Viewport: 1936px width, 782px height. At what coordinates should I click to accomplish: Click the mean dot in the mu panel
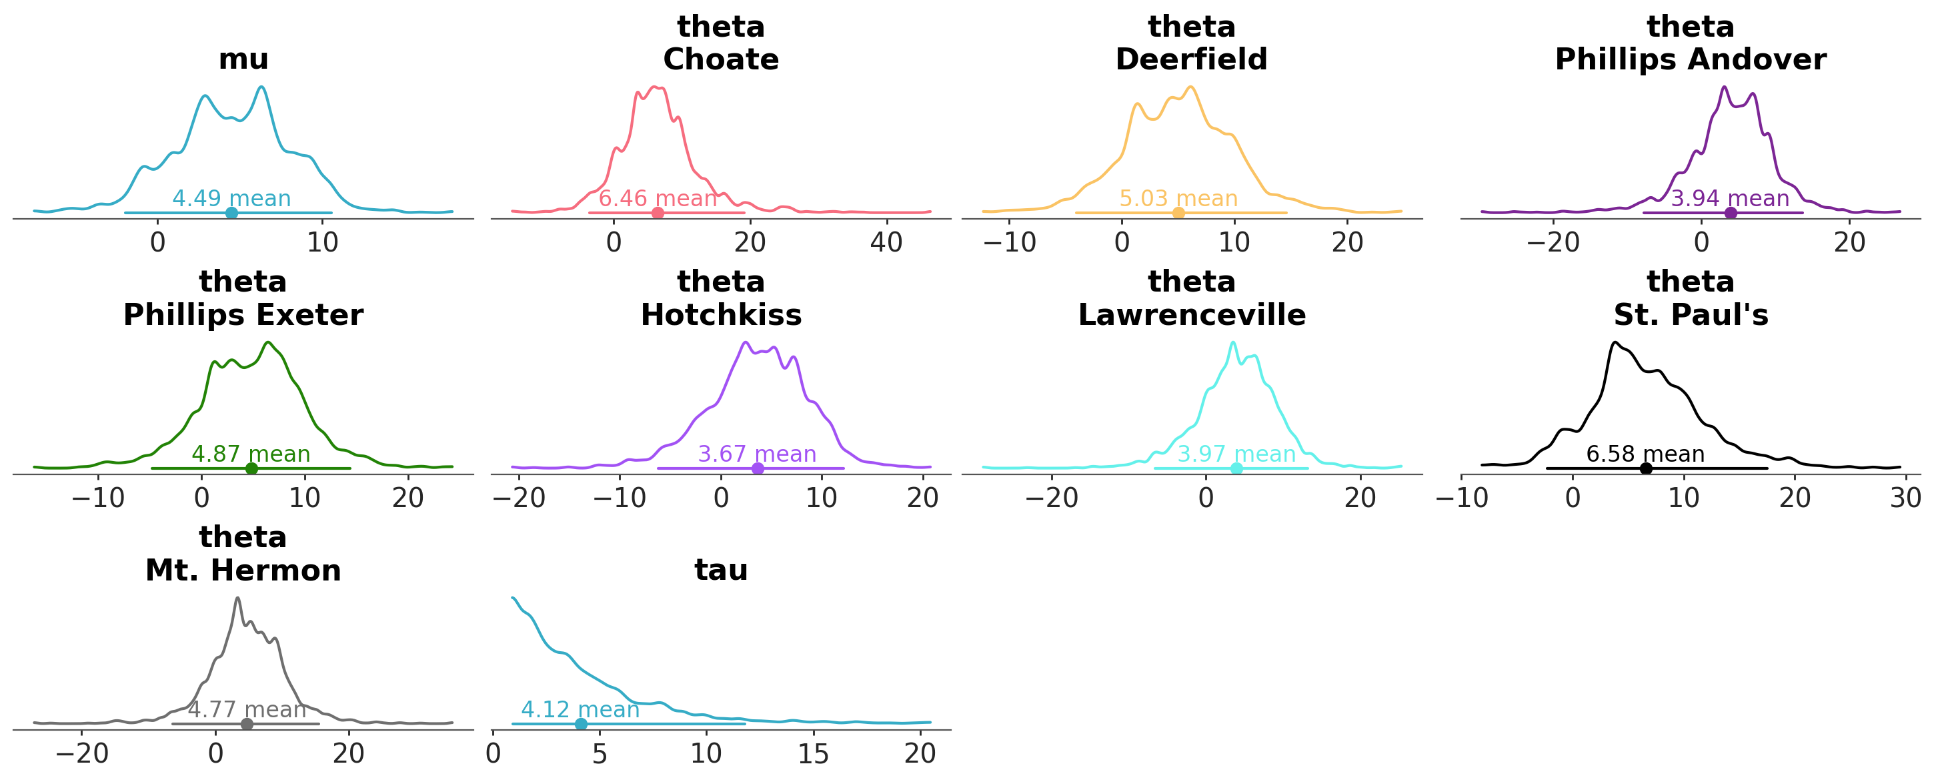pos(231,213)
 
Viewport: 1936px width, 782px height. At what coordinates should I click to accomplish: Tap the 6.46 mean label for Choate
pos(658,199)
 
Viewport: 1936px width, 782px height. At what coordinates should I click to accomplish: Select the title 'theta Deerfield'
pos(1191,43)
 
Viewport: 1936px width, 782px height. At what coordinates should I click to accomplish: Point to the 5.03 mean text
pos(1178,199)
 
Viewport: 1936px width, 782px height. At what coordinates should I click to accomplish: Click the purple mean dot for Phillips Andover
pos(1730,213)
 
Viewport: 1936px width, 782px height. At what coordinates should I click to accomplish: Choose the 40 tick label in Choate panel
pos(886,243)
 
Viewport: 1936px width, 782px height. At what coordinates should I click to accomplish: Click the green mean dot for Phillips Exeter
pos(252,468)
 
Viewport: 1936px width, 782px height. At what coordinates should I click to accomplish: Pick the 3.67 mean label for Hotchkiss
pos(757,454)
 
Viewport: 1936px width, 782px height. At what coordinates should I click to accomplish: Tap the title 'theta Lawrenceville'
pos(1191,298)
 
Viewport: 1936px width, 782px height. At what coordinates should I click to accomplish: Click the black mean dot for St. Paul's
pos(1646,468)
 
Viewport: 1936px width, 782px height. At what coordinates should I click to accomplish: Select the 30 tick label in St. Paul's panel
pos(1906,498)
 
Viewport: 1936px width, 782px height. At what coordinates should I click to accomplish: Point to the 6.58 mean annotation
pos(1645,454)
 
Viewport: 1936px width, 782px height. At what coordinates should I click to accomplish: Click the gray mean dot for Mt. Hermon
pos(247,724)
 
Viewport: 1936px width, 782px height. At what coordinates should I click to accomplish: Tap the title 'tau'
pos(721,570)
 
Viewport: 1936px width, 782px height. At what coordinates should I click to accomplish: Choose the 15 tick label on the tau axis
pos(813,754)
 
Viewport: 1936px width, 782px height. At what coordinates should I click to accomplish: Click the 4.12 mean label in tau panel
pos(580,710)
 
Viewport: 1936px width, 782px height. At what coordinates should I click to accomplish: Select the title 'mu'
pos(243,59)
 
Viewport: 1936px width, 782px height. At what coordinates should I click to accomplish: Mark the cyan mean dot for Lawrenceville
pos(1236,468)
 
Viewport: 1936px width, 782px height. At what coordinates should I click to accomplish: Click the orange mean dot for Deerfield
pos(1178,213)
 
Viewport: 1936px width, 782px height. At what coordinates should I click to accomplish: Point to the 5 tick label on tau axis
pos(599,754)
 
